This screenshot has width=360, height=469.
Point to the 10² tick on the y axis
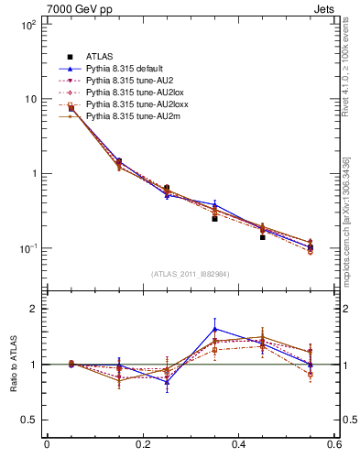point(27,25)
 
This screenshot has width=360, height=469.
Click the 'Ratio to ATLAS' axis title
point(11,365)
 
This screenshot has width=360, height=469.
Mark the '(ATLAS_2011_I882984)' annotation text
point(190,274)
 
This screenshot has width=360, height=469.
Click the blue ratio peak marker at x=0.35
point(214,329)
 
